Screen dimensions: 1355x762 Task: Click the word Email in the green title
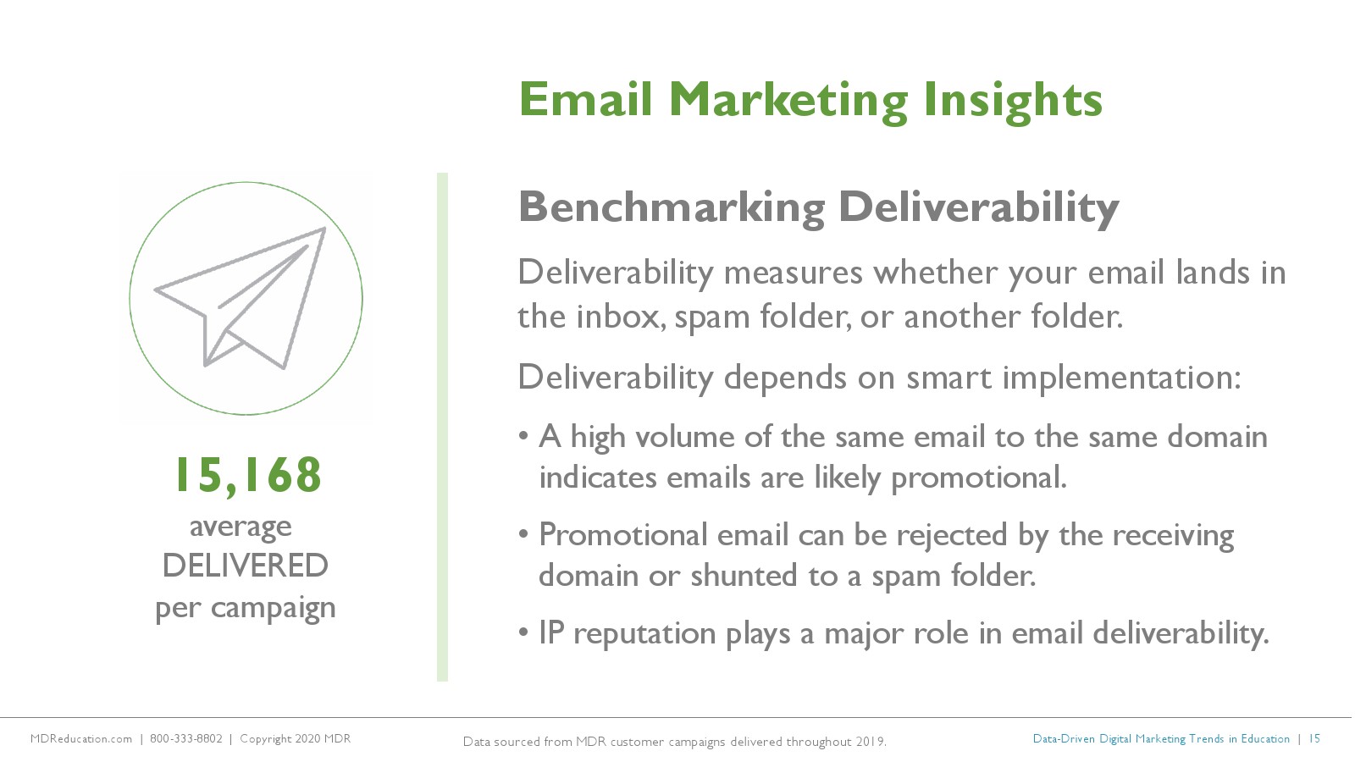[x=585, y=99]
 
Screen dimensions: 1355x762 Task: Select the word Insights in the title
[x=1013, y=102]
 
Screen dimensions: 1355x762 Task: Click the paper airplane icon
[x=241, y=297]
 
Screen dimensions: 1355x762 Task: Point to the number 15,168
[x=249, y=476]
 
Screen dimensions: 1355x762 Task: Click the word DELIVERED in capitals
[x=245, y=566]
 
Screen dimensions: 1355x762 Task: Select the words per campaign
[x=245, y=608]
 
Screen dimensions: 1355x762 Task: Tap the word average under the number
[x=241, y=527]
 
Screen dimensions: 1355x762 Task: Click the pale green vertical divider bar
[x=442, y=427]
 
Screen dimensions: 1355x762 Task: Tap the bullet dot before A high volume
[x=524, y=437]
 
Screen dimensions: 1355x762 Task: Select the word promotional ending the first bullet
[x=978, y=478]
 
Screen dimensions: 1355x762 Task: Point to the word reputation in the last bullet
[x=644, y=635]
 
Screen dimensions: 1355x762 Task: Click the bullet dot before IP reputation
[x=524, y=633]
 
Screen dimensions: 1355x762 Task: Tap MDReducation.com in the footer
[x=81, y=739]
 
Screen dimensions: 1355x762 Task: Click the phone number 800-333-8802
[x=185, y=739]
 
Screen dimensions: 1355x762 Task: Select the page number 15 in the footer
[x=1314, y=739]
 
